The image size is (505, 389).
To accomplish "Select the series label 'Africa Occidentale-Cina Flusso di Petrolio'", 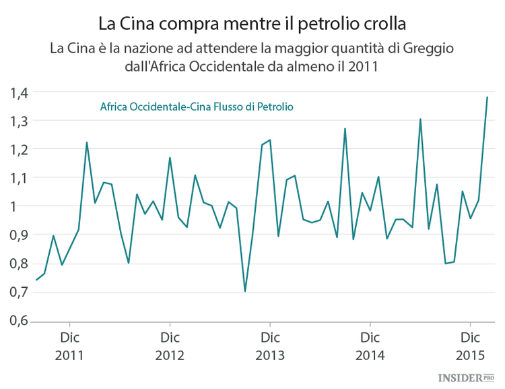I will point(196,107).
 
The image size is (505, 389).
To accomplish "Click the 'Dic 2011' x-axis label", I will point(70,345).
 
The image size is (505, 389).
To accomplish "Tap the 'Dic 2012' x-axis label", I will point(170,345).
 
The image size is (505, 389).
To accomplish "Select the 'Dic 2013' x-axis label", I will point(270,345).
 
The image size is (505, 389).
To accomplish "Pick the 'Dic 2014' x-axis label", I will point(370,345).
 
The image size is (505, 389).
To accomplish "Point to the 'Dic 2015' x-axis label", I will point(469,345).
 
